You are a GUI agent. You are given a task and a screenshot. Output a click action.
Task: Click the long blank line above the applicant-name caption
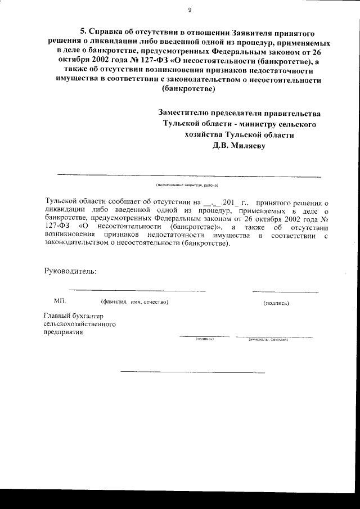(189, 177)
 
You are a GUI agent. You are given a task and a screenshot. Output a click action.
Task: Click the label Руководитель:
(70, 272)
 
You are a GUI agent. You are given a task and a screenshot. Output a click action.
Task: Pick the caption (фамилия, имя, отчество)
(134, 303)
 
